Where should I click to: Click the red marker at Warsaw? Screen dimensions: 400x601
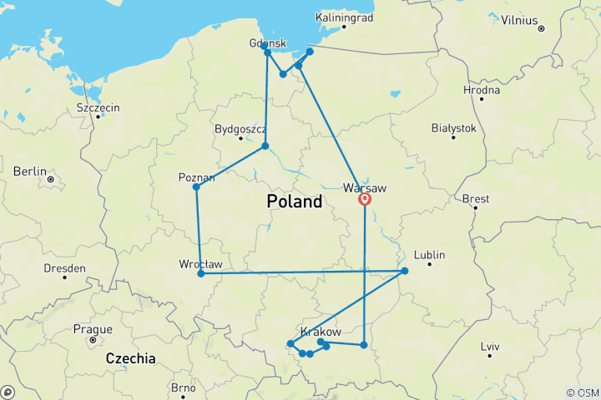pyautogui.click(x=365, y=199)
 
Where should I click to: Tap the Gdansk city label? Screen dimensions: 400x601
pyautogui.click(x=267, y=43)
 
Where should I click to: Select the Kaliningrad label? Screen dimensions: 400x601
pyautogui.click(x=345, y=17)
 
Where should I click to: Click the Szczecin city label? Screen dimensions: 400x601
pyautogui.click(x=98, y=107)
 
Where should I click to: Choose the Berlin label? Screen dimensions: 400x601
pyautogui.click(x=30, y=171)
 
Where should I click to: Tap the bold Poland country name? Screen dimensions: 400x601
pyautogui.click(x=294, y=202)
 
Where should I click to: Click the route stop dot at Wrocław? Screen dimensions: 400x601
pyautogui.click(x=201, y=273)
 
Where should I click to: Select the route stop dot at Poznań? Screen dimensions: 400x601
pyautogui.click(x=197, y=187)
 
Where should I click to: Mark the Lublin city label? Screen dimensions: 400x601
pyautogui.click(x=429, y=255)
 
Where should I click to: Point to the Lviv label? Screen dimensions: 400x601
pyautogui.click(x=490, y=346)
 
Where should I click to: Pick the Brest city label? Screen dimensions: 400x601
pyautogui.click(x=476, y=199)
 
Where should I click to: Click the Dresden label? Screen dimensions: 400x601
pyautogui.click(x=65, y=268)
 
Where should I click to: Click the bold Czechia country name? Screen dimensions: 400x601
pyautogui.click(x=130, y=358)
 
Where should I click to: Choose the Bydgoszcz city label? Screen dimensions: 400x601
pyautogui.click(x=240, y=129)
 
